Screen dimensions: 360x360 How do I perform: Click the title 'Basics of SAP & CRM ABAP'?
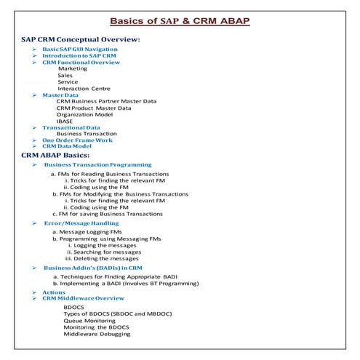(180, 20)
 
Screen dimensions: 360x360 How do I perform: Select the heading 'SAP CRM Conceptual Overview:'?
(80, 39)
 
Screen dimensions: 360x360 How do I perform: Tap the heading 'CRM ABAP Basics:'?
(56, 155)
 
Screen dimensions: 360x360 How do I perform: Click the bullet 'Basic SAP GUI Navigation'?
(79, 49)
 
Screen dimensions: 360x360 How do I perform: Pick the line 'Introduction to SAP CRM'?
(79, 56)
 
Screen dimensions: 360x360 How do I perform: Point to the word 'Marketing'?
(73, 68)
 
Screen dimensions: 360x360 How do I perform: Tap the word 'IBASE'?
(65, 121)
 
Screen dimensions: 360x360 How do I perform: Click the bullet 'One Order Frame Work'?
(77, 140)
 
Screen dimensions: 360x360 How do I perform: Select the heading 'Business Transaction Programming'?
(98, 165)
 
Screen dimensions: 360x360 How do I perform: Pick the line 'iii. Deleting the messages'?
(103, 258)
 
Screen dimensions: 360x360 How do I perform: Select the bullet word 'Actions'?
(54, 292)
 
